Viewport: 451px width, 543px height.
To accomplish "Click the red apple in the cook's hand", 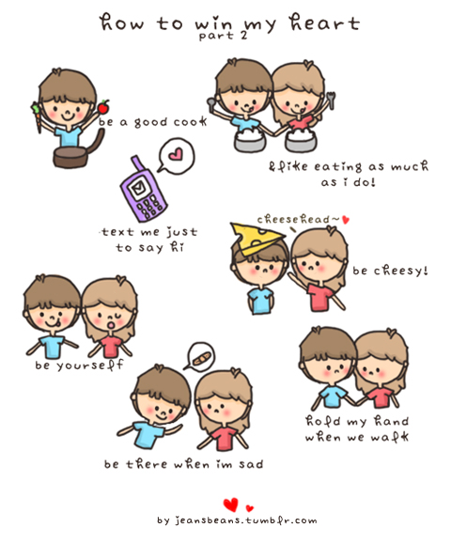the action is [103, 107].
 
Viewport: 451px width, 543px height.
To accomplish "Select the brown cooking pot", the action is [74, 152].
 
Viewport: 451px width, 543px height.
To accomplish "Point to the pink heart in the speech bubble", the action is [176, 154].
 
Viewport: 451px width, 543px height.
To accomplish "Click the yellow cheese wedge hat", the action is [257, 238].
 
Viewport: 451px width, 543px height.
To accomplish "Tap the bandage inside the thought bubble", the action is [202, 359].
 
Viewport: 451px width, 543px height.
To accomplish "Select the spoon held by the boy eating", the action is [211, 102].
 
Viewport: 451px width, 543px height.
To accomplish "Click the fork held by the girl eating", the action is [331, 100].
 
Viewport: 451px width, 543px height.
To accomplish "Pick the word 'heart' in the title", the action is [325, 23].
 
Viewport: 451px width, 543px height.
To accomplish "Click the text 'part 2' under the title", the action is [224, 36].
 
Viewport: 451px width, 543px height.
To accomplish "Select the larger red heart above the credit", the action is [231, 504].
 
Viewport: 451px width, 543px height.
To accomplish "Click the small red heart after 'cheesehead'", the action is [346, 220].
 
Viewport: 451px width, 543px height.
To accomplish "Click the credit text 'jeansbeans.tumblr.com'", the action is [245, 520].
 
